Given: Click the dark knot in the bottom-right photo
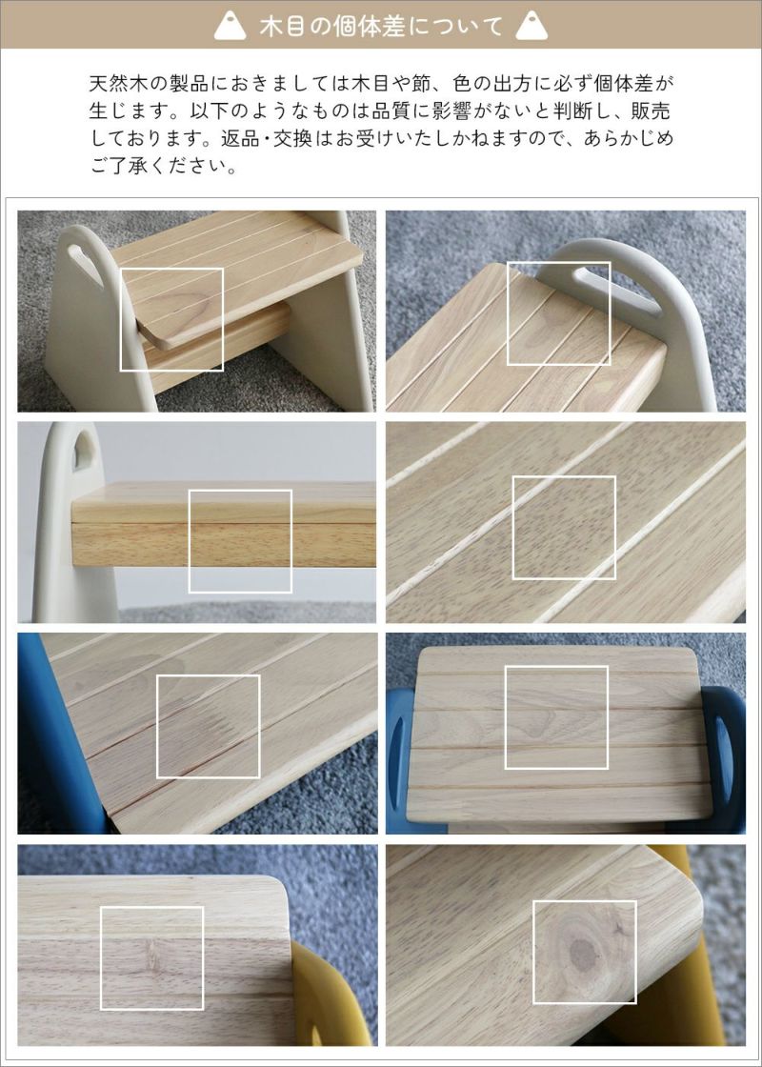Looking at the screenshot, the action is [x=582, y=956].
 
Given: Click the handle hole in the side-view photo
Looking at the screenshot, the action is [x=83, y=452].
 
